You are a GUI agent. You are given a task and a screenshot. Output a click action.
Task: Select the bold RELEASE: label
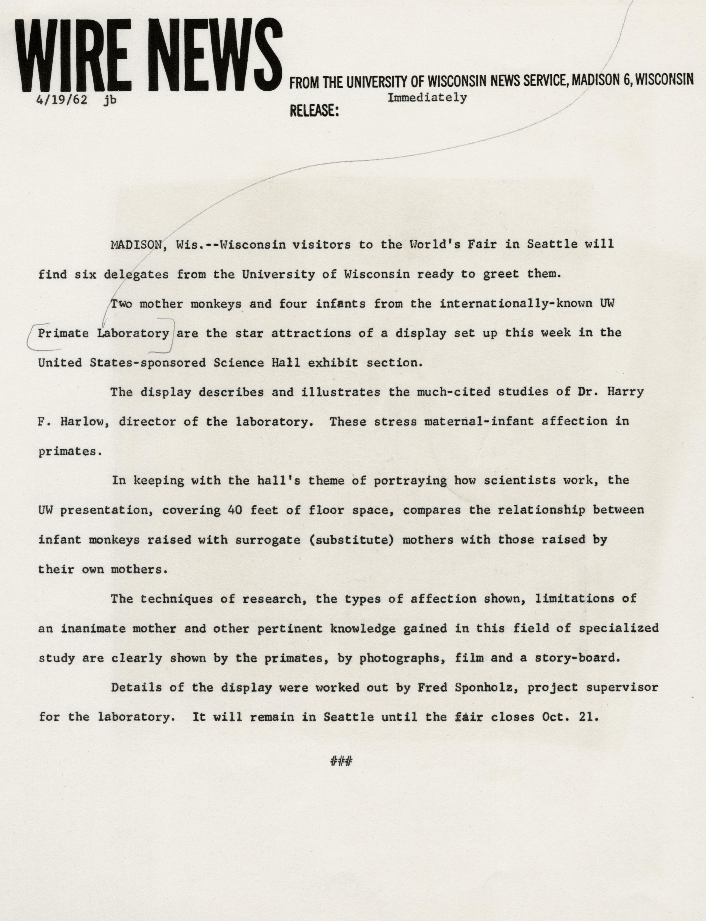(314, 111)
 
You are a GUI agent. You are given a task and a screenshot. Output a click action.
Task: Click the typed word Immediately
(427, 98)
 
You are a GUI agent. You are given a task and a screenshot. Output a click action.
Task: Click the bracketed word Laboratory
(133, 334)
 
